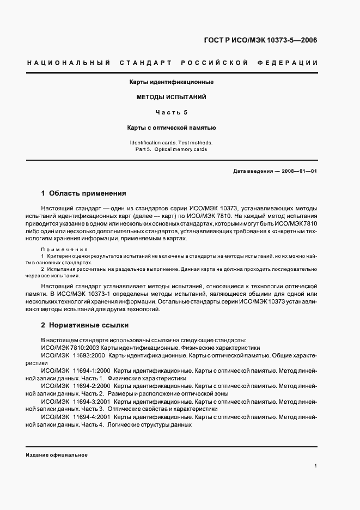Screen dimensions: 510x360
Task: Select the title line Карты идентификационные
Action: [x=171, y=82]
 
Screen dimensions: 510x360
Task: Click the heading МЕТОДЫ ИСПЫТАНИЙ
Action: [x=171, y=98]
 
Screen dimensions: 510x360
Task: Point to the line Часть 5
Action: [x=171, y=113]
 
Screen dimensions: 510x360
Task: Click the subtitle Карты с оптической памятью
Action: [x=171, y=128]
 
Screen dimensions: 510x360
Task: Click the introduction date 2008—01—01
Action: [x=299, y=171]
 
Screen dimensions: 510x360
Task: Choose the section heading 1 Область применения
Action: [x=84, y=193]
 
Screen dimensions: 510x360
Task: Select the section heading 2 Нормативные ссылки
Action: [x=84, y=325]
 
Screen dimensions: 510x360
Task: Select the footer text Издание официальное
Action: [x=57, y=454]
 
